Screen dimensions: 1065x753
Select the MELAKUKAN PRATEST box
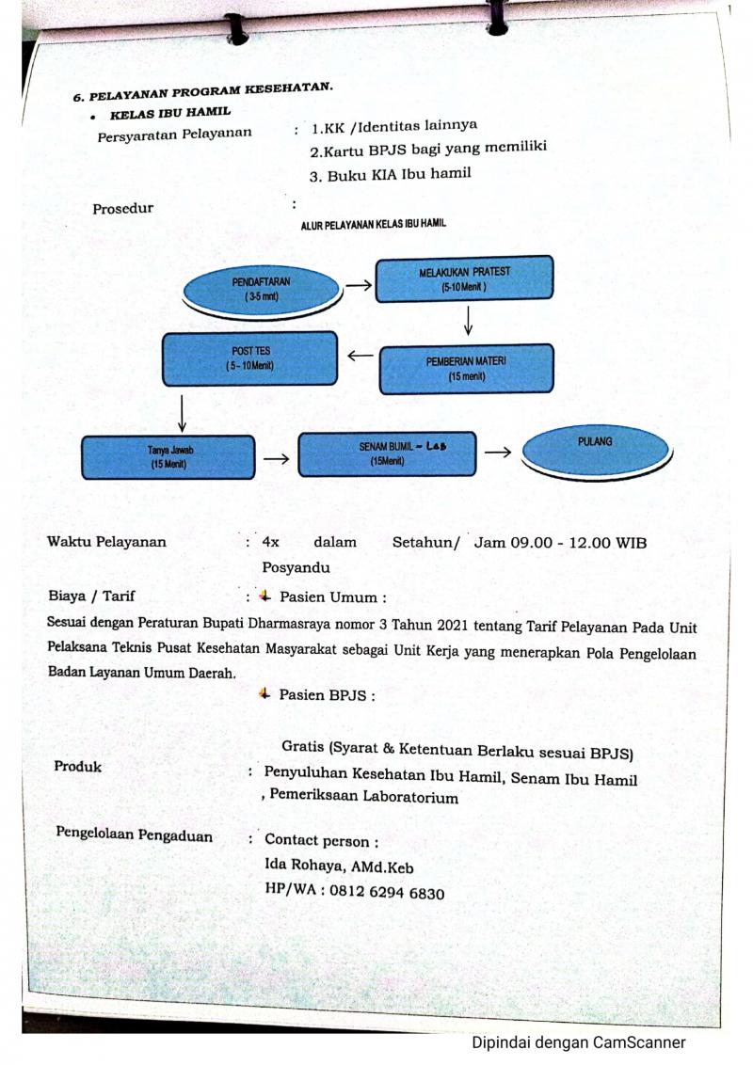(464, 278)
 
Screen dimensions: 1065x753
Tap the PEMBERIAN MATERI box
(466, 369)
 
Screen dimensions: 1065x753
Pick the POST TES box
(249, 358)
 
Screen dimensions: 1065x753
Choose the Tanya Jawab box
(168, 456)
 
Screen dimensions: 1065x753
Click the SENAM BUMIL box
(387, 453)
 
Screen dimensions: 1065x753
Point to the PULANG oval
(595, 451)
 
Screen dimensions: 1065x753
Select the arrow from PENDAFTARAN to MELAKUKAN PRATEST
(358, 283)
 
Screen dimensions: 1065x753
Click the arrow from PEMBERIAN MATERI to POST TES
(359, 356)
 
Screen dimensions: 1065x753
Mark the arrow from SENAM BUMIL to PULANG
(498, 453)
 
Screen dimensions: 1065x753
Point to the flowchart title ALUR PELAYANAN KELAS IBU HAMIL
(373, 224)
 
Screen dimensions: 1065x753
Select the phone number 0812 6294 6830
(387, 893)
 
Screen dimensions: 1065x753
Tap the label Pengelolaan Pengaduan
(134, 835)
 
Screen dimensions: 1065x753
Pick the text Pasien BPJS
(326, 695)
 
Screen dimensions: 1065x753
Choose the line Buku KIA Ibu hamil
(390, 174)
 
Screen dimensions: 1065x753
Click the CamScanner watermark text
(578, 1042)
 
